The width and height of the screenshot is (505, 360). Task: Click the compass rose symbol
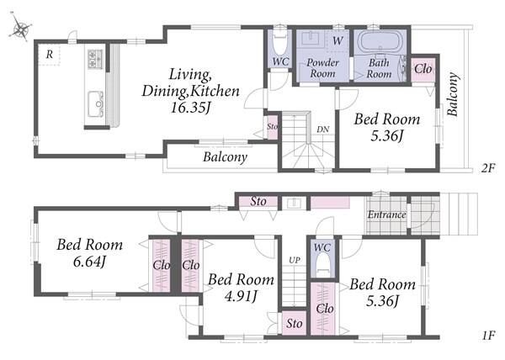[20, 28]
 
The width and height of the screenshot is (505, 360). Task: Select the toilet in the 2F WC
[279, 44]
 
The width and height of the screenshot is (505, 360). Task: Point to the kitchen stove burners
[95, 59]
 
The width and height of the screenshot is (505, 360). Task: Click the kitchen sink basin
[95, 103]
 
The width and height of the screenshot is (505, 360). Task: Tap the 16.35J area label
[190, 108]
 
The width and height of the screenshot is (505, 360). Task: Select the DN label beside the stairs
[323, 130]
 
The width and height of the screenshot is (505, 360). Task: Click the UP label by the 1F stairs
[295, 260]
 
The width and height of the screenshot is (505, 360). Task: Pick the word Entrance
[387, 214]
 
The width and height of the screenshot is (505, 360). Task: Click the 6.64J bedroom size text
[89, 262]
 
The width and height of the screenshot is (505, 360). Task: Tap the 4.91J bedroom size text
[241, 296]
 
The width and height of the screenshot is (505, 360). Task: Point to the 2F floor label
[487, 168]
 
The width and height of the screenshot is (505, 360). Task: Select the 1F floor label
[487, 336]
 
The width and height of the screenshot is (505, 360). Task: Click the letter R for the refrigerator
[50, 55]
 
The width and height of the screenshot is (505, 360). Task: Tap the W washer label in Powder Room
[338, 40]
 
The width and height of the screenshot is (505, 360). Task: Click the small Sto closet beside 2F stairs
[272, 127]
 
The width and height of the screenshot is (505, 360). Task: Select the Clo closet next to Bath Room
[423, 69]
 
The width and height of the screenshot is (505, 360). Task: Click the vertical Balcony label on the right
[453, 94]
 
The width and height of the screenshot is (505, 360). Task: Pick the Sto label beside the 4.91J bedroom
[295, 324]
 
